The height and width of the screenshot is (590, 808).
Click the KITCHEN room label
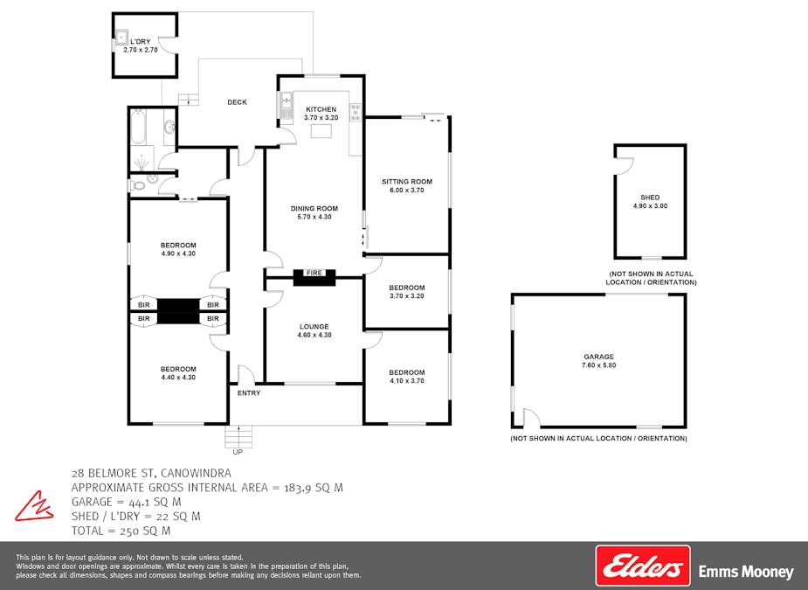tap(321, 109)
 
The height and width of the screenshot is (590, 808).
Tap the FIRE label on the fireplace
tap(314, 274)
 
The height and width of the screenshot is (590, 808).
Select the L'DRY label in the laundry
tap(141, 41)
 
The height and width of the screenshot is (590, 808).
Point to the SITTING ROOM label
tap(407, 182)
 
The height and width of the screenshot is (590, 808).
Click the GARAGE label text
tap(599, 357)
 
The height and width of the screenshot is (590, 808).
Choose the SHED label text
tap(650, 198)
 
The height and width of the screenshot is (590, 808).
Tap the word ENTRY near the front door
tap(249, 393)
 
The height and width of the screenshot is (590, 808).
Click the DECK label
tap(237, 102)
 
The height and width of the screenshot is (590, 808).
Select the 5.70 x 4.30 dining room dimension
tap(314, 217)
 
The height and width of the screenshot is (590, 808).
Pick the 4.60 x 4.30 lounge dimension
tap(314, 335)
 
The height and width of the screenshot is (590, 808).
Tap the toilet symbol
tap(138, 184)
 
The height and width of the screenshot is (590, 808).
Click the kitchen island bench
tap(321, 131)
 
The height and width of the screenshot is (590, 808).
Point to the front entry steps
tap(238, 435)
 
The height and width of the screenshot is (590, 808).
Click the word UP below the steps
tap(238, 452)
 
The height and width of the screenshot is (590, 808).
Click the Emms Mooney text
tap(746, 573)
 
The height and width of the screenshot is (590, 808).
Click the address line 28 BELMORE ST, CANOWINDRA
tap(151, 473)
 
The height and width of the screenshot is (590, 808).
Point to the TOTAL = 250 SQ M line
tap(121, 531)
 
